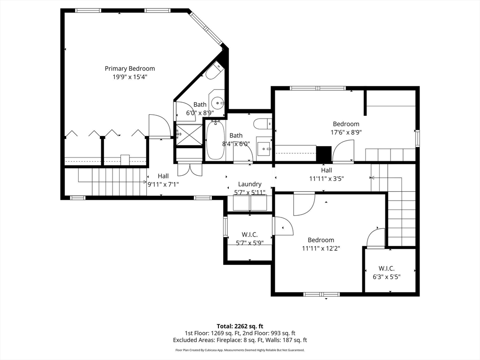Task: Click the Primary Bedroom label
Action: click(x=129, y=68)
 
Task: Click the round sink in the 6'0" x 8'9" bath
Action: click(x=217, y=102)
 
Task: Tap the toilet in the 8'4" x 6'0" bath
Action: click(x=262, y=124)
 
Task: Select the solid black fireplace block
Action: click(x=324, y=154)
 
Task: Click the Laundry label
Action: click(x=249, y=184)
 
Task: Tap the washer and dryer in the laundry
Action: click(x=249, y=203)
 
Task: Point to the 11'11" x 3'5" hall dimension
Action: click(x=327, y=179)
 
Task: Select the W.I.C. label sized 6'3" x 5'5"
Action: click(x=386, y=269)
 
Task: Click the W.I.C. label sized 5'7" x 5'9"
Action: click(x=249, y=234)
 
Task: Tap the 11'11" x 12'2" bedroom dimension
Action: click(x=321, y=248)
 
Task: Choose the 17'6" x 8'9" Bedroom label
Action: click(x=346, y=124)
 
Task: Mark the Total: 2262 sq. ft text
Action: click(x=240, y=326)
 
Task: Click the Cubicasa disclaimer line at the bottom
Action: click(x=240, y=350)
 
